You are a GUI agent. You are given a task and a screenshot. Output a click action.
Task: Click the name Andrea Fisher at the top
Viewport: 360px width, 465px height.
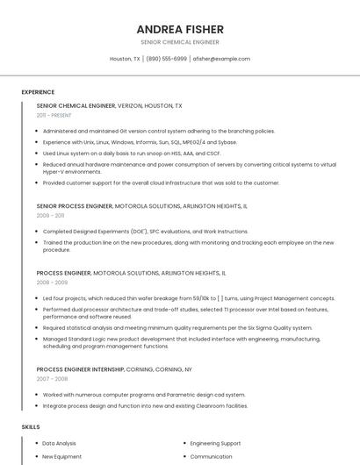click(x=179, y=29)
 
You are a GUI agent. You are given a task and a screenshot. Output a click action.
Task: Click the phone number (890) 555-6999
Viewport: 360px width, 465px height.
click(x=166, y=59)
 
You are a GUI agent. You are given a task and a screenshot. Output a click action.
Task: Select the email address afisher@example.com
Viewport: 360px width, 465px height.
click(x=221, y=59)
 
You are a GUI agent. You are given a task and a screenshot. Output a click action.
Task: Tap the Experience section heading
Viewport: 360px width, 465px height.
click(x=38, y=92)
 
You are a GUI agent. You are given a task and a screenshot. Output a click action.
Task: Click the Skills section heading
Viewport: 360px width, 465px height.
click(x=31, y=426)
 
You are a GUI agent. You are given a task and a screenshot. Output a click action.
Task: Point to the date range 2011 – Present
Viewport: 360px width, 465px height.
click(x=54, y=115)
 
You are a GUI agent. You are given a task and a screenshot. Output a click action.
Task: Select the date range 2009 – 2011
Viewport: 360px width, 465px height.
click(x=50, y=215)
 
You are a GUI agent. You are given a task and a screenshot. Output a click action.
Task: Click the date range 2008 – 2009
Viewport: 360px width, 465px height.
click(x=52, y=283)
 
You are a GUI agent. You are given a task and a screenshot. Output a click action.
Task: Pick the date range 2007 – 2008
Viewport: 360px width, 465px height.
click(x=52, y=379)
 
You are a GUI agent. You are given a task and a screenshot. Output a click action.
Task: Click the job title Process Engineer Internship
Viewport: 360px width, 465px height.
click(x=81, y=369)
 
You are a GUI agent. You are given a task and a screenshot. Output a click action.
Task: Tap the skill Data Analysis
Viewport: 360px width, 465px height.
click(x=60, y=443)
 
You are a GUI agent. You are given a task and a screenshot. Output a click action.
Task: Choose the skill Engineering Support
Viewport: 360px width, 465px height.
click(x=215, y=443)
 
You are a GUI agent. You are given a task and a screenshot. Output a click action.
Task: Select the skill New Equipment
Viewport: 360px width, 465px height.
click(x=61, y=456)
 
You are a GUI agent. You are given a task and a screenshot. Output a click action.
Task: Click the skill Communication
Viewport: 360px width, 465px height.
click(x=211, y=456)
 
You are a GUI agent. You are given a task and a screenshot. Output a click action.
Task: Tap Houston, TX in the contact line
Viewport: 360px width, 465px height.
click(x=125, y=59)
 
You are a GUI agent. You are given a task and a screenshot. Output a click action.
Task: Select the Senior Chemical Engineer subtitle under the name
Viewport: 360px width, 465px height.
click(x=179, y=42)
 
